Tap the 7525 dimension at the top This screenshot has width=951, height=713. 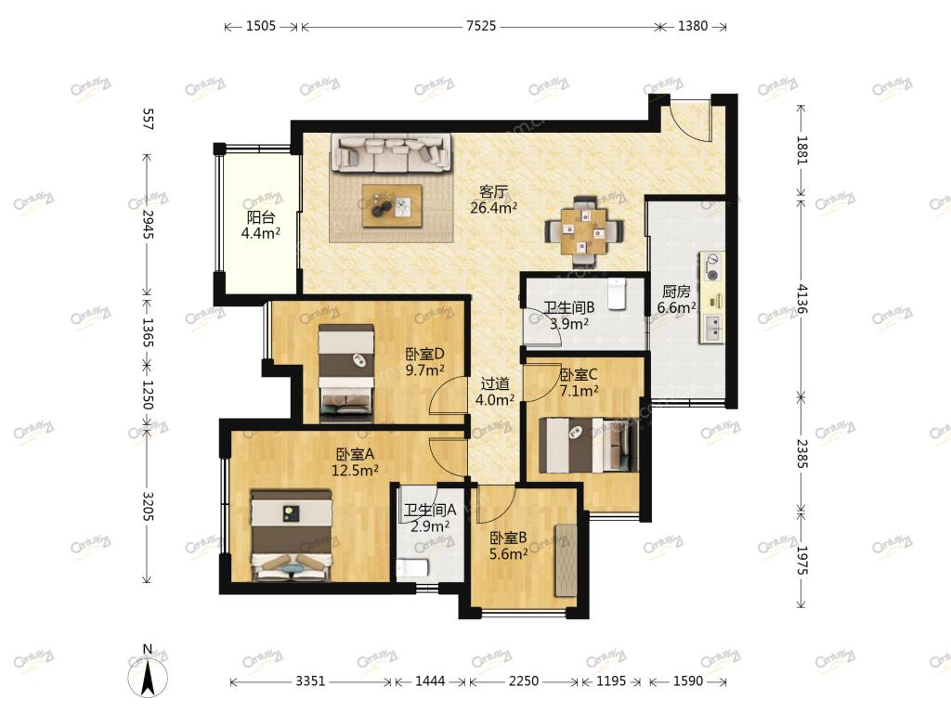pos(481,26)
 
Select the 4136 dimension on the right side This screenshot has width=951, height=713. pos(801,298)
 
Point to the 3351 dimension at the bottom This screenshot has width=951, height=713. pos(310,681)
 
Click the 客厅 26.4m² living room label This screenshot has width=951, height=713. pos(494,201)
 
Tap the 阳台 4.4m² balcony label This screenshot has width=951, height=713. pos(261,225)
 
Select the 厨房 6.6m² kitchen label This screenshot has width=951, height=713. pos(676,300)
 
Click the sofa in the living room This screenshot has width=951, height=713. pos(391,152)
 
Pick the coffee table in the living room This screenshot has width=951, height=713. pos(392,206)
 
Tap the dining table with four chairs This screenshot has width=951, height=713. pos(583,231)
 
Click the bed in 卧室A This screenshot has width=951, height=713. pos(292,535)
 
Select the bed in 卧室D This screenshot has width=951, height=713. pos(346,372)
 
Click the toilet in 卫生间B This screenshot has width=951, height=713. pos(617,293)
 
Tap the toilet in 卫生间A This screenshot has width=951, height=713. pos(412,568)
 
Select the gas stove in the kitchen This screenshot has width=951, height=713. pos(712,267)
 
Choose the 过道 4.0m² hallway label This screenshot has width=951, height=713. pos(495,392)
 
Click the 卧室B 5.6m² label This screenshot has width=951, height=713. pos(508,546)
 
